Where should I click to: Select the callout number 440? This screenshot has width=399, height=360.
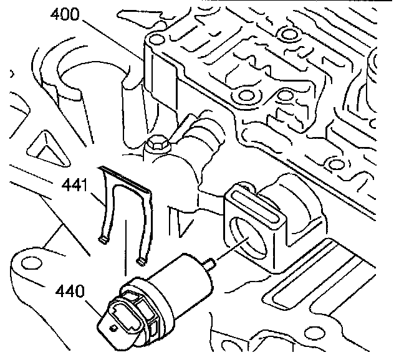70,290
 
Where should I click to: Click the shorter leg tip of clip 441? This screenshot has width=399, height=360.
101,238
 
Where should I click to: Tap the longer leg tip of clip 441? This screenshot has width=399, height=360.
142,260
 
